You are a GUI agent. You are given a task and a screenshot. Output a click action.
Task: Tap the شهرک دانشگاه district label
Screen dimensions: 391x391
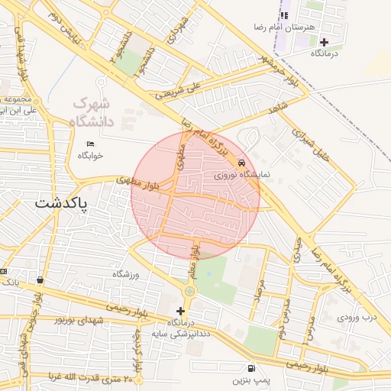(x=91, y=112)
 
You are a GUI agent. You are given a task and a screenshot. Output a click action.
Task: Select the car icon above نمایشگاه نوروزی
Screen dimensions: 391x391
(x=241, y=163)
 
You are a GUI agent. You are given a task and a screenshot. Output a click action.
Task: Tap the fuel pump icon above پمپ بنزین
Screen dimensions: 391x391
(x=251, y=367)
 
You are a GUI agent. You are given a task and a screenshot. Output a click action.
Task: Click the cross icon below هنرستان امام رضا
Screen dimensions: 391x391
(x=325, y=42)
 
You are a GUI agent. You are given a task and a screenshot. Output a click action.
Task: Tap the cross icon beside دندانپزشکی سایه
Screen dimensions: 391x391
(x=180, y=312)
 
